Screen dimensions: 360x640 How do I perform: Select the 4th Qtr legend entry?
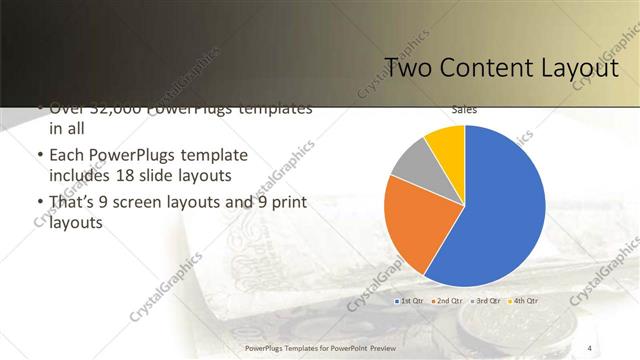(524, 301)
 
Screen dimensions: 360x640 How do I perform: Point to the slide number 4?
(590, 347)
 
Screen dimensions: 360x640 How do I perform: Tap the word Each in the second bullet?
(67, 157)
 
